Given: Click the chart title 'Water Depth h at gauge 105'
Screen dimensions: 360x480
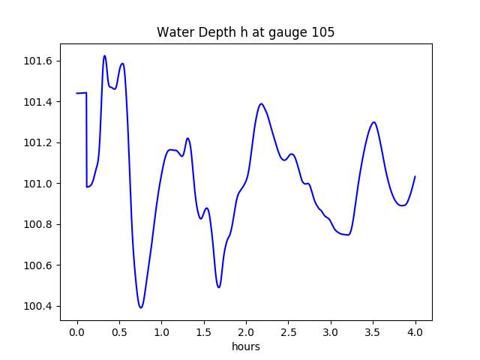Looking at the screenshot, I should pos(245,33).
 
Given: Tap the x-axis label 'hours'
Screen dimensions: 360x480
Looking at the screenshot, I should pos(245,346).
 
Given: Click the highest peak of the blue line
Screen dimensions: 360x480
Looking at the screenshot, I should pos(104,55).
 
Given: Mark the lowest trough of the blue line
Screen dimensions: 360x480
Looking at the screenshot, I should pos(140,307).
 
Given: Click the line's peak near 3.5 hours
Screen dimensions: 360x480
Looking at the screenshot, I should pos(373,122).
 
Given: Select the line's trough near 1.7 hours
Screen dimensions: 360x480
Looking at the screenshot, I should pos(219,287).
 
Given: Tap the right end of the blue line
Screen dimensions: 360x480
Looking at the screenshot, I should pos(415,177).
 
